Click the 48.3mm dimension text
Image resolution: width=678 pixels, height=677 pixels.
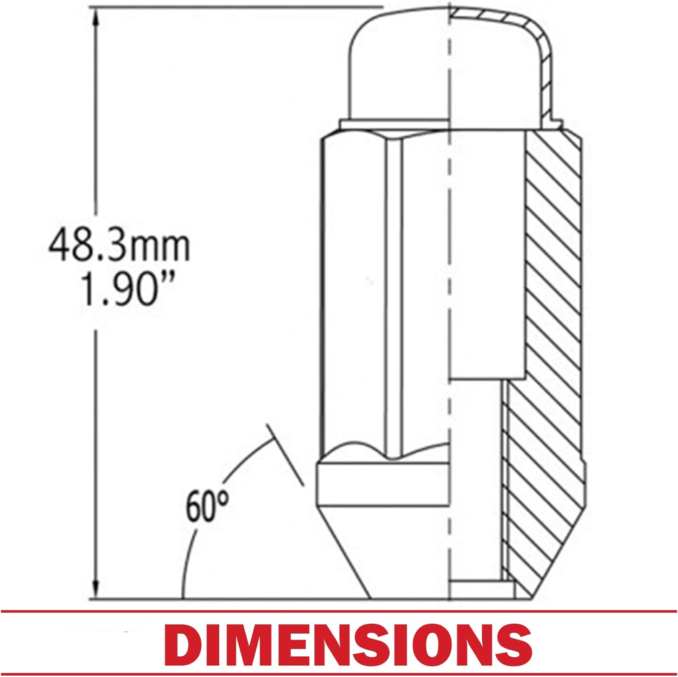point(119,246)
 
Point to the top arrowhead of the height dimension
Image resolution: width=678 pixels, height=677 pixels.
point(96,18)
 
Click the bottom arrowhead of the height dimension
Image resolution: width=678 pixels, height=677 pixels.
point(96,588)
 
